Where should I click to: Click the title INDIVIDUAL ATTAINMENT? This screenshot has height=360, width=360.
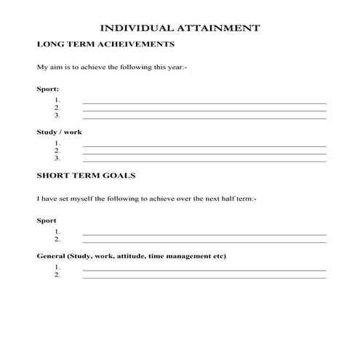pyautogui.click(x=179, y=28)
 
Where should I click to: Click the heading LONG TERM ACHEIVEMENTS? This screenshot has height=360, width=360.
pyautogui.click(x=105, y=44)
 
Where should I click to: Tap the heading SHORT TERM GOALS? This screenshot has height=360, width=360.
pyautogui.click(x=85, y=176)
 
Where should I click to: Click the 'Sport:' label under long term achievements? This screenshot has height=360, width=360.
pyautogui.click(x=48, y=89)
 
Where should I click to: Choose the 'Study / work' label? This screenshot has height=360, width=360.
pyautogui.click(x=59, y=132)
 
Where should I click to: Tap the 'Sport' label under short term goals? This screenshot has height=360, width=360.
pyautogui.click(x=47, y=220)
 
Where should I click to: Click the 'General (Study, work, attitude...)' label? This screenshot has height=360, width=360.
pyautogui.click(x=132, y=256)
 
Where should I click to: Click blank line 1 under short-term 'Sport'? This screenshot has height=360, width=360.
pyautogui.click(x=204, y=233)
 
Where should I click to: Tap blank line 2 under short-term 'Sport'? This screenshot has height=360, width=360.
pyautogui.click(x=204, y=241)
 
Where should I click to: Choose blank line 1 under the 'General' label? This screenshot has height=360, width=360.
pyautogui.click(x=204, y=270)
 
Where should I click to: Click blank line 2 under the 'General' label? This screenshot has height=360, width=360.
pyautogui.click(x=204, y=277)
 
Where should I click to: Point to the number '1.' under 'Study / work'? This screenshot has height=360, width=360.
pyautogui.click(x=57, y=143)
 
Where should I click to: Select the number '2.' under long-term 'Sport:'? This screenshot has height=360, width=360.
pyautogui.click(x=57, y=108)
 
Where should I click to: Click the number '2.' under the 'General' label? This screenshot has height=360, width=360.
pyautogui.click(x=57, y=276)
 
